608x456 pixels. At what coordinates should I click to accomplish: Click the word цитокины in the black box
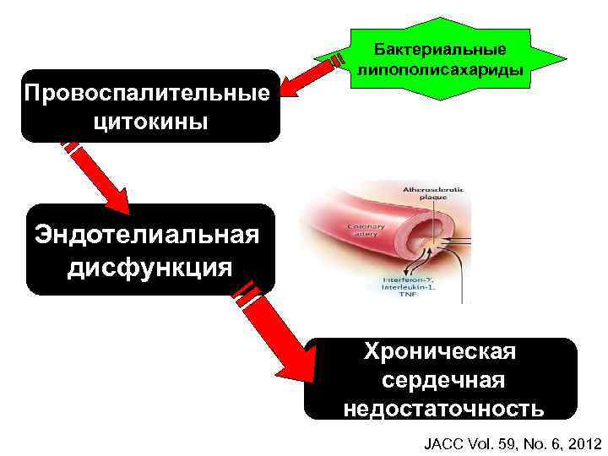151,122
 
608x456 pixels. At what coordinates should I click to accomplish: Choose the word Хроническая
441,352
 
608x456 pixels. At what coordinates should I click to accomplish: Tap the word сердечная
442,381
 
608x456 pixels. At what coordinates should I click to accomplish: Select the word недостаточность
443,410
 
